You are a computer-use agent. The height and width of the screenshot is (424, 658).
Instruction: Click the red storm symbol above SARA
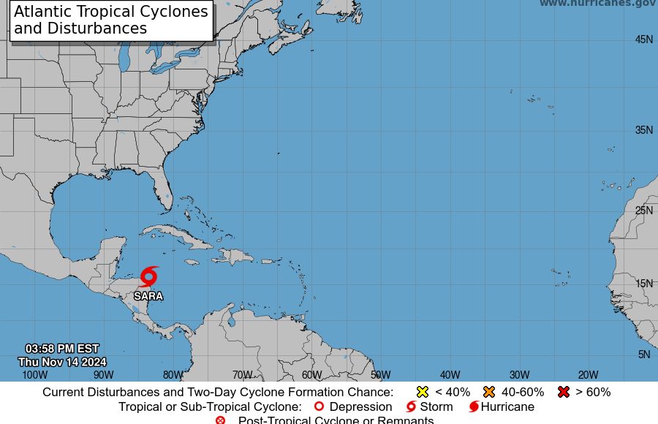pos(148,276)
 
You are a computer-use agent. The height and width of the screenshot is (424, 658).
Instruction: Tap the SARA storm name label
pos(148,296)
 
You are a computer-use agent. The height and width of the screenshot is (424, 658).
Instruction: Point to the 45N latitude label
pos(643,39)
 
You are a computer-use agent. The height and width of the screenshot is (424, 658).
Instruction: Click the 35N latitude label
pos(643,130)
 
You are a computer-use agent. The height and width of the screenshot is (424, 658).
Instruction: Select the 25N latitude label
pos(643,211)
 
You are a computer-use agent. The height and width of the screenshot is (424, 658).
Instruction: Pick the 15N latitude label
pos(643,284)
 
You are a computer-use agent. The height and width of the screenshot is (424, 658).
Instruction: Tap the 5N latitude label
pos(644,355)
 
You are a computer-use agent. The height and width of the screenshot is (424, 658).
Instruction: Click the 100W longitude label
pos(34,375)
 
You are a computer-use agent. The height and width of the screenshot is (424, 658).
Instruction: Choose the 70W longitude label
pos(243,375)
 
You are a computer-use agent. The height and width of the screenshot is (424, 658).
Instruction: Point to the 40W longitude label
pos(450,375)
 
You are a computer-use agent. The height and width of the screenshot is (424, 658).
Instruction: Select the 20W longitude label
pos(589,375)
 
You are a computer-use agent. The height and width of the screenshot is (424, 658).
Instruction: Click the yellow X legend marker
pos(422,392)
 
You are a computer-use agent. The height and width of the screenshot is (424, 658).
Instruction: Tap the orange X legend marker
pos(489,392)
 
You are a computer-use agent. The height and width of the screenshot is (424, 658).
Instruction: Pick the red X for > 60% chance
pos(563,392)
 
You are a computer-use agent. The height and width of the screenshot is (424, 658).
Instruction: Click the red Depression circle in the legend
pos(319,406)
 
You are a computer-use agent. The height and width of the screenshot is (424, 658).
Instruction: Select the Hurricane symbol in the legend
pos(474,406)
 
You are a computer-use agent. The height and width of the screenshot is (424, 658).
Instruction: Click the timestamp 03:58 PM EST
pos(62,349)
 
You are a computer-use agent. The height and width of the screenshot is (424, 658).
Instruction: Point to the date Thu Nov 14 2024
pos(62,362)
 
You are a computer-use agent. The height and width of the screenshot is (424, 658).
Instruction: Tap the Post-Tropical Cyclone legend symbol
pos(221,420)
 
